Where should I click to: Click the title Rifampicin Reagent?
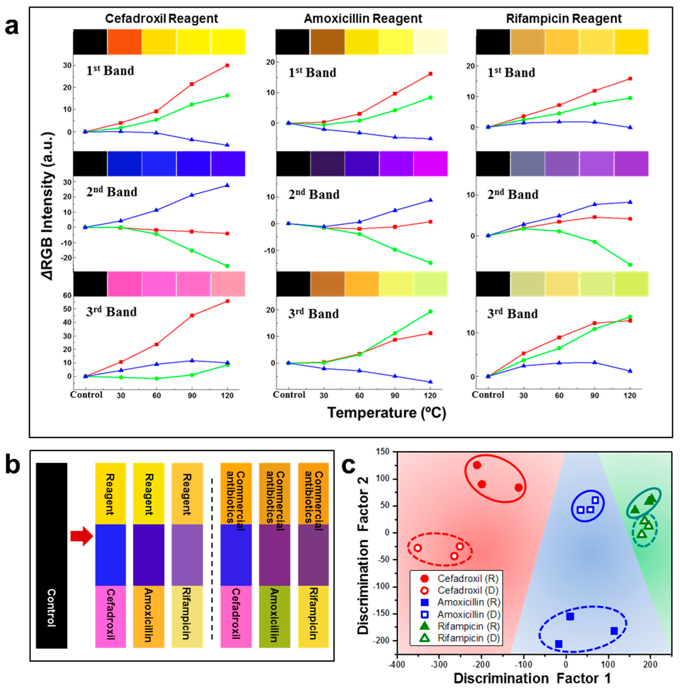coord(564,19)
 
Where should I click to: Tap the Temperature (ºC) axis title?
coord(387,413)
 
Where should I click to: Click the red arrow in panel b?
coord(81,536)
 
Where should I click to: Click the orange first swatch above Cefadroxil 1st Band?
coord(124,42)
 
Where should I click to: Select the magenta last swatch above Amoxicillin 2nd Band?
coord(431,163)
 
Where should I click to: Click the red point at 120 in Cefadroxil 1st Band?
coord(227,65)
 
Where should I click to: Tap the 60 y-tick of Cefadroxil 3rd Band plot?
coord(67,295)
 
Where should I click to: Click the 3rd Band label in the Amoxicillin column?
coord(313,314)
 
